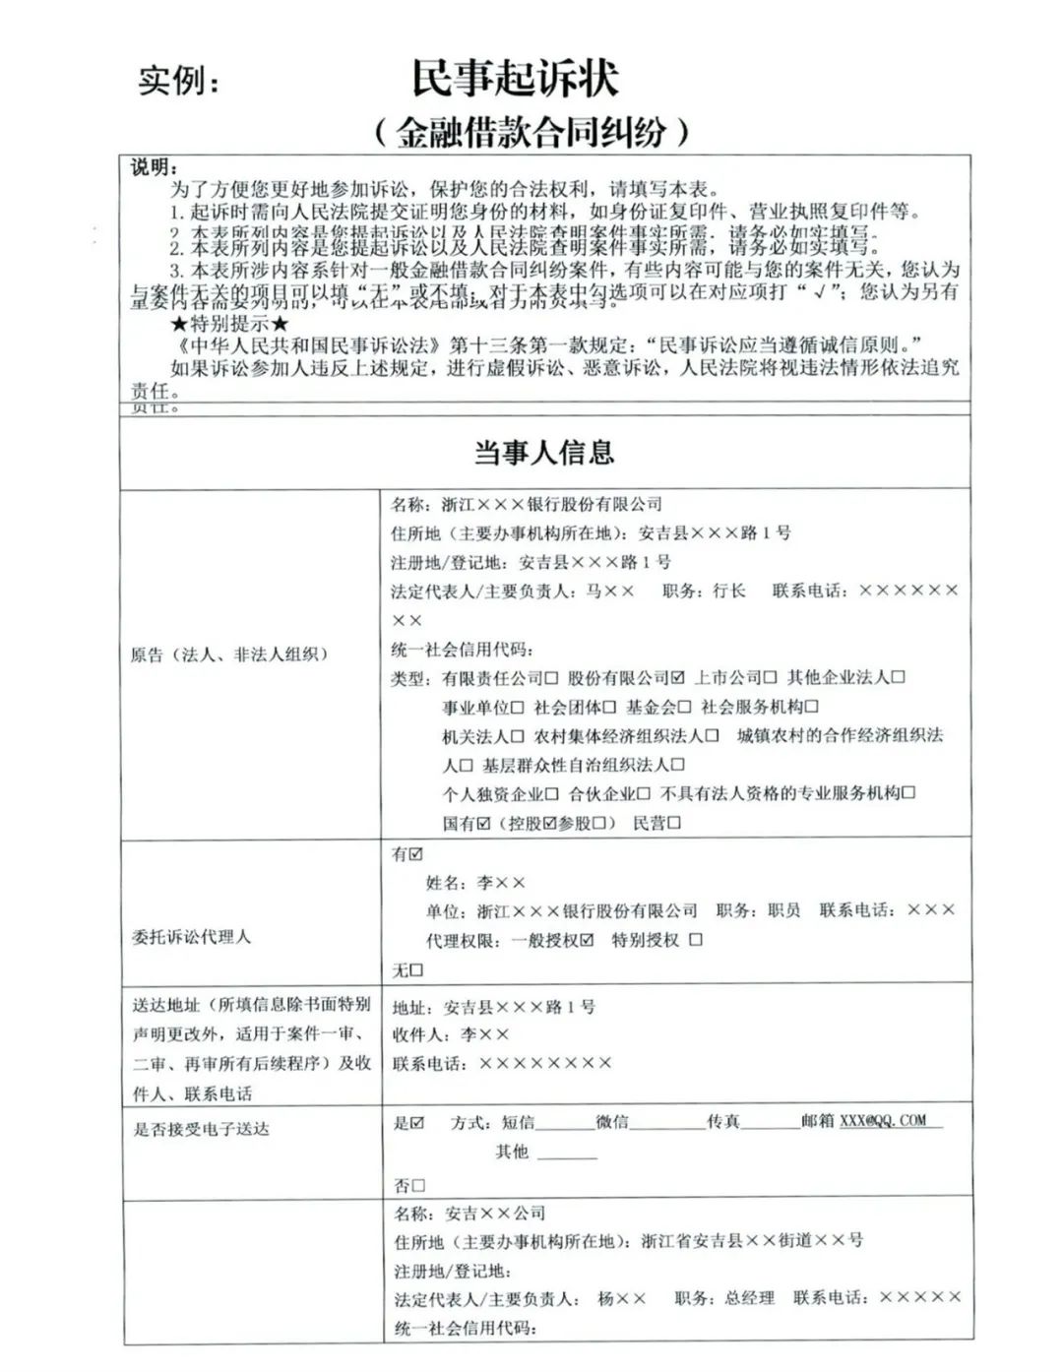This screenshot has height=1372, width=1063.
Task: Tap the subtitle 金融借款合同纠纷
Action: pos(531,132)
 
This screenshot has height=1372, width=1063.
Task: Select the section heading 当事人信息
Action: pos(543,452)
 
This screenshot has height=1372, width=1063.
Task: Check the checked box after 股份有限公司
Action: pos(677,678)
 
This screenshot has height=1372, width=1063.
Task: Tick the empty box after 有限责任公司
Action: pos(551,678)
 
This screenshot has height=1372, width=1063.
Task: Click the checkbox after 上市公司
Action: pos(770,678)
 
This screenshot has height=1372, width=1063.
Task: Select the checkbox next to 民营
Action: pos(674,823)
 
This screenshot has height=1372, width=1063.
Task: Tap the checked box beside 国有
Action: pos(483,823)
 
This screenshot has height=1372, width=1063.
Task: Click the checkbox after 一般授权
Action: pos(588,940)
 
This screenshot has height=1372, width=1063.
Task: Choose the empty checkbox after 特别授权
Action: pos(696,940)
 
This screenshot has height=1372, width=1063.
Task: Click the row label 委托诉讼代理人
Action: pos(191,937)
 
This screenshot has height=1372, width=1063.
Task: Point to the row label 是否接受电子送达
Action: pos(201,1129)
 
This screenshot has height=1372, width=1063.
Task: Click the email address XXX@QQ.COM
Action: pos(883,1120)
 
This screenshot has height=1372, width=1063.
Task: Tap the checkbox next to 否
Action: pos(418,1186)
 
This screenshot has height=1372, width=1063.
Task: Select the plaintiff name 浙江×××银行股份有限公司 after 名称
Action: pos(552,505)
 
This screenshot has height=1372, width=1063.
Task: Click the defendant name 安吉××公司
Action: pos(495,1214)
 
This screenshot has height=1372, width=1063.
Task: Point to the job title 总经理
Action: pos(749,1298)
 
